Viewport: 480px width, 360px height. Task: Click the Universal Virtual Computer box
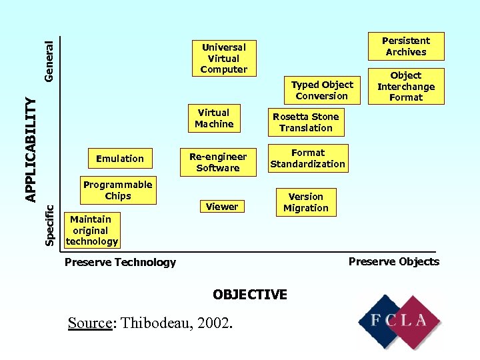tap(223, 58)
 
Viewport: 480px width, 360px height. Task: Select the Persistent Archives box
tap(405, 46)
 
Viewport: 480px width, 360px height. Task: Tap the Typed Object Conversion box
tap(322, 90)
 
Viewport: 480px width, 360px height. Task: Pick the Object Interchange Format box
tap(405, 87)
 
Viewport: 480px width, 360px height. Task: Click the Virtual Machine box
tap(213, 118)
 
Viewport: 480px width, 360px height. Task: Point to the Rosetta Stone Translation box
tap(305, 122)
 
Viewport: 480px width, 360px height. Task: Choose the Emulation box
tap(120, 159)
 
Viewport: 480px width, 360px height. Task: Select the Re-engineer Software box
tap(217, 162)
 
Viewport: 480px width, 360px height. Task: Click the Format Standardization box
tap(307, 158)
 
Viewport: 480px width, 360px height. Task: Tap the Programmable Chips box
tap(117, 190)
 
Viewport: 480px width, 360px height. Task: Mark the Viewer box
tap(221, 207)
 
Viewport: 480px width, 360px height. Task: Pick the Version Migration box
tap(305, 202)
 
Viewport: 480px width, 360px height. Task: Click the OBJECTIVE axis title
tap(249, 295)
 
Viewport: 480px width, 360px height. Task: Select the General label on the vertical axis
tap(49, 61)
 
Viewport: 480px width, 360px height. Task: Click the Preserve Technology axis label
tap(120, 263)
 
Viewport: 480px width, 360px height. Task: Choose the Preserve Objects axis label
tap(393, 261)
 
